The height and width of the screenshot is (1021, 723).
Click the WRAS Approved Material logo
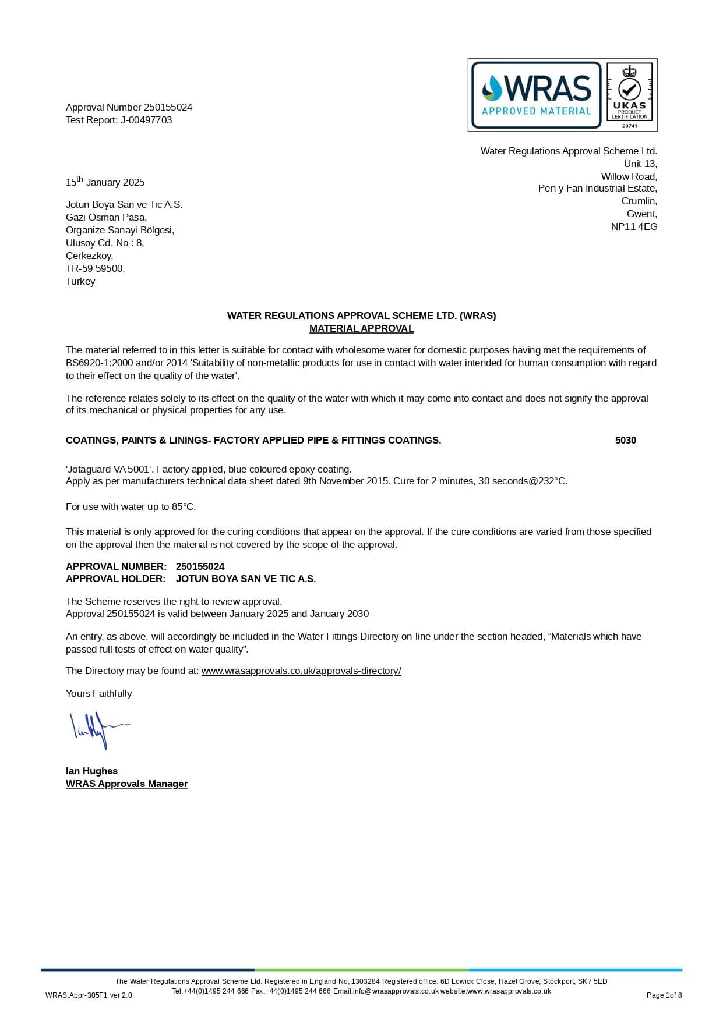click(x=536, y=95)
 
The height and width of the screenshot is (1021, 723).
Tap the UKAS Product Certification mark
click(x=629, y=95)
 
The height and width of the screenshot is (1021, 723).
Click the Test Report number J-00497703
click(x=146, y=120)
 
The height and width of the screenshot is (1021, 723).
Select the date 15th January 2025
click(x=105, y=182)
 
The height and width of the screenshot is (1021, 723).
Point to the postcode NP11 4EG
click(x=634, y=227)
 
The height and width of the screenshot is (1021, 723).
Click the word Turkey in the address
click(x=80, y=282)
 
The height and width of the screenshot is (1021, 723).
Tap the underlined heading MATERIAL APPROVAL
click(x=361, y=329)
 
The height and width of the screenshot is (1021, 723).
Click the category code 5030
click(x=625, y=441)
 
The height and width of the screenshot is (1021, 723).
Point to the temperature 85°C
click(x=184, y=507)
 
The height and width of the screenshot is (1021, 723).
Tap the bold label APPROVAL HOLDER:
click(x=116, y=579)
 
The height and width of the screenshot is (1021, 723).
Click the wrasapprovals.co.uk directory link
click(x=301, y=671)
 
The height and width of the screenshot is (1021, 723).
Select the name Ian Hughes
click(x=91, y=771)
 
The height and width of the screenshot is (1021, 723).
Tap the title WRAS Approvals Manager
click(x=126, y=784)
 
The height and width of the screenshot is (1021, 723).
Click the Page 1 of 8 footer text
click(x=664, y=995)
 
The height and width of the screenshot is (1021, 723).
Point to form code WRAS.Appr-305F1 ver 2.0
click(x=89, y=995)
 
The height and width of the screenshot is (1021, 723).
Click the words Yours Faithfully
click(x=98, y=694)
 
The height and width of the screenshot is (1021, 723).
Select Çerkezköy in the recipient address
click(x=89, y=256)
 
